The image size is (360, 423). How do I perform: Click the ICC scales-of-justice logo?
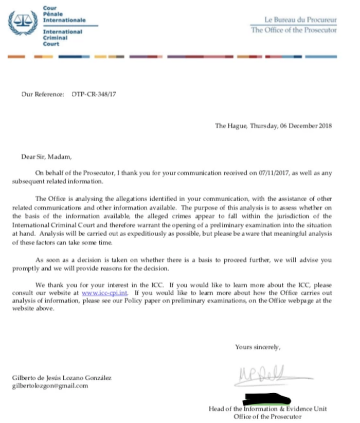click(x=24, y=24)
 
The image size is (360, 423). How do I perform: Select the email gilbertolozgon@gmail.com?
click(x=50, y=386)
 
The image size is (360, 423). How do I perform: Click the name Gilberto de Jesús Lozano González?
click(x=62, y=378)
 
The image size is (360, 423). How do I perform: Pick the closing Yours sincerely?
click(x=258, y=347)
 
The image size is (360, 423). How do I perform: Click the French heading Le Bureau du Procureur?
click(x=300, y=20)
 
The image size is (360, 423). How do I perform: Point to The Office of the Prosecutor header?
click(x=294, y=30)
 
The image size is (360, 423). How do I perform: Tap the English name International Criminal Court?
click(x=62, y=38)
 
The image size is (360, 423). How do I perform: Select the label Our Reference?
click(x=43, y=95)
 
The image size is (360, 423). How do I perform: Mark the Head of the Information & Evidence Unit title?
click(x=267, y=409)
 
